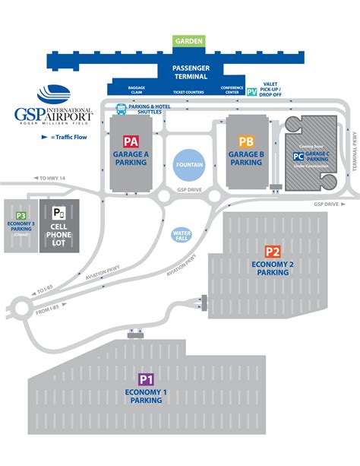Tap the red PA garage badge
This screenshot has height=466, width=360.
coord(130,141)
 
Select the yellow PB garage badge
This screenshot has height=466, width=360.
coord(245,141)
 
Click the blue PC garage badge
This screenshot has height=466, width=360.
coord(298,157)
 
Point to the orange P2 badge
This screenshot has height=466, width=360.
coord(273,252)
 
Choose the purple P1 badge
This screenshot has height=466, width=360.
coord(146,379)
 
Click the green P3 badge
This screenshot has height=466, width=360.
coord(21,215)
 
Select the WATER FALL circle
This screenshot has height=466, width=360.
coord(182,235)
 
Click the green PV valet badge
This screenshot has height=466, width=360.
coord(252,91)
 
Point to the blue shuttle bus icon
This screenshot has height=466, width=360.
coord(121,108)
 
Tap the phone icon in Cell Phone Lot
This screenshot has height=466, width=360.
coord(58,212)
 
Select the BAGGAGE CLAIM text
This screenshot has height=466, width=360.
coord(137,90)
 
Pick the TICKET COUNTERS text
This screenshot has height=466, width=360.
coord(190,92)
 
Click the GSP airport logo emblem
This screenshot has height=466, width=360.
coord(53,94)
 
